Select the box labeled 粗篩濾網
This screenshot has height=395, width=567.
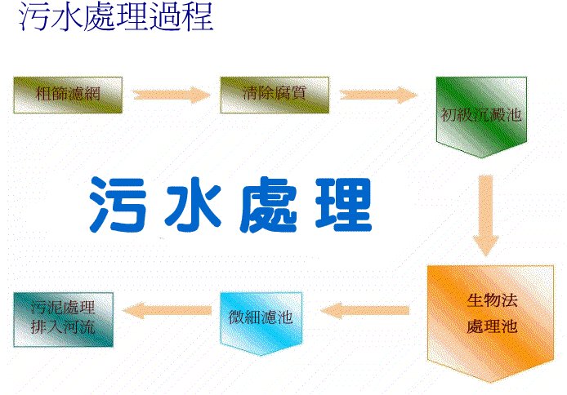(68, 95)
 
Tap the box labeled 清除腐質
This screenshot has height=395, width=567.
(275, 95)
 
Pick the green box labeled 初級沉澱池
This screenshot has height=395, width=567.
(481, 117)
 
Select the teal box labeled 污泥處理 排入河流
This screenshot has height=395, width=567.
(63, 320)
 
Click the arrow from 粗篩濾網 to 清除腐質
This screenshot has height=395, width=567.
(172, 95)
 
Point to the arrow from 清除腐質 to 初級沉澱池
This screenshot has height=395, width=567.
(378, 95)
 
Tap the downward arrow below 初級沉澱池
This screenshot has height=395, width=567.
(485, 215)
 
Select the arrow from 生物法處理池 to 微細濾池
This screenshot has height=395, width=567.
(365, 310)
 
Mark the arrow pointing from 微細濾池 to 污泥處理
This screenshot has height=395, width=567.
(167, 310)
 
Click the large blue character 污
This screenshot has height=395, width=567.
(118, 205)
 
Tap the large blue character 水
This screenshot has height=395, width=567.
(193, 205)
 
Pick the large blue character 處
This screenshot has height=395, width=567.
(268, 205)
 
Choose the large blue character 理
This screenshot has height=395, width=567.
(343, 205)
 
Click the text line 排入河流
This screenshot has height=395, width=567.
(63, 327)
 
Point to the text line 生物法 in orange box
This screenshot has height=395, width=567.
(492, 300)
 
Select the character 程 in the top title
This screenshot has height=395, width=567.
(198, 16)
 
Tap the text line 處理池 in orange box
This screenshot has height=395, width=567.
(492, 326)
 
